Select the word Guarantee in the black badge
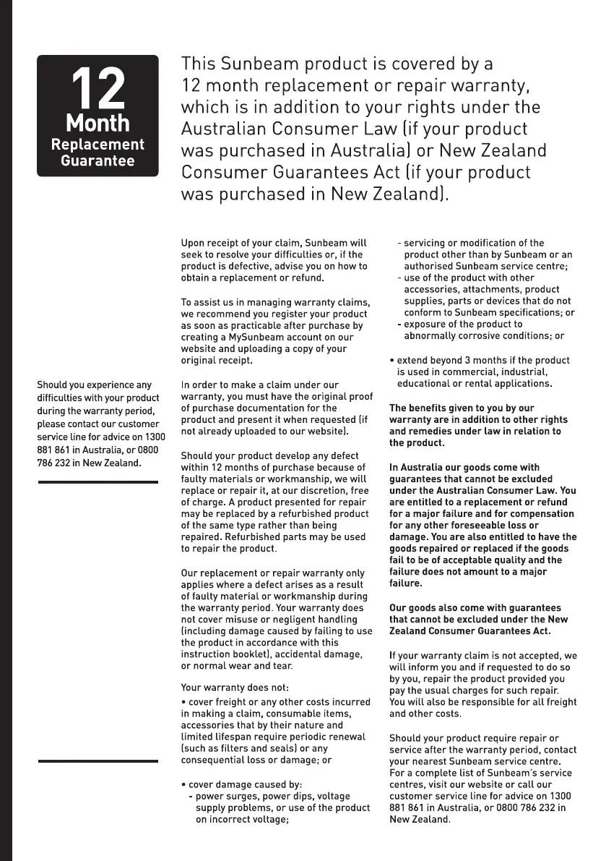[98, 160]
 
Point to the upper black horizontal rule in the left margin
[98, 481]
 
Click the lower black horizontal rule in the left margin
[98, 761]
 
